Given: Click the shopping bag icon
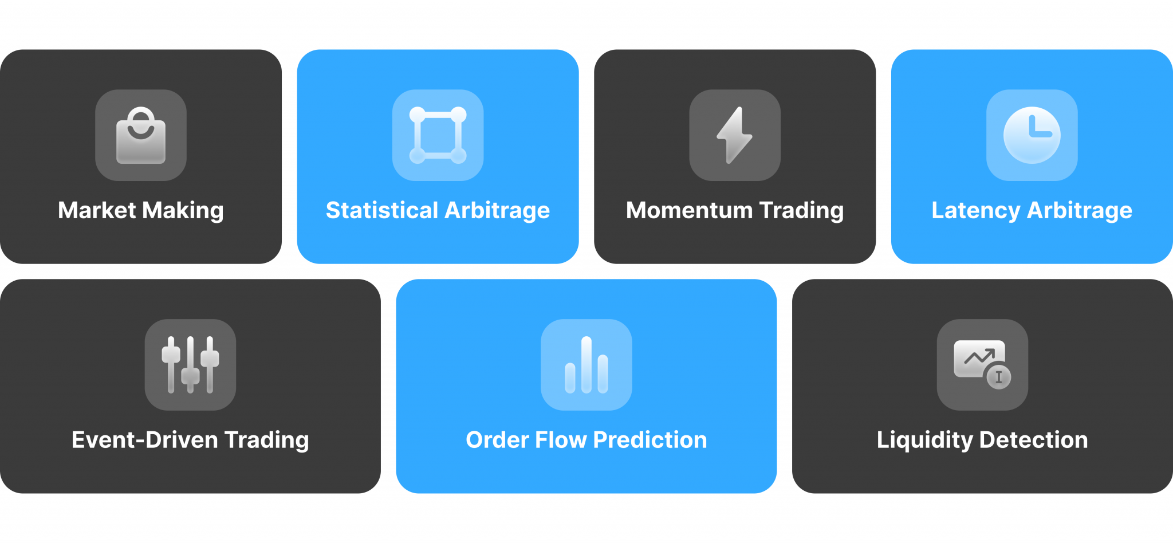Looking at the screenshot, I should pyautogui.click(x=141, y=136).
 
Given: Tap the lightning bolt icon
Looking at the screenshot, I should pyautogui.click(x=735, y=135).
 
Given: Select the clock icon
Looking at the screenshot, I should pyautogui.click(x=1032, y=135).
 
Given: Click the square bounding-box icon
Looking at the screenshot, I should pyautogui.click(x=438, y=135).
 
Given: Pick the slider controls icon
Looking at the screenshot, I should pyautogui.click(x=190, y=365).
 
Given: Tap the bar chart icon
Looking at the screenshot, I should pyautogui.click(x=586, y=365).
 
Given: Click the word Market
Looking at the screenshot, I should pyautogui.click(x=97, y=210).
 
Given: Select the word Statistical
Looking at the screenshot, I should pyautogui.click(x=382, y=210).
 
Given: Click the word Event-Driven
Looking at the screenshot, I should pyautogui.click(x=145, y=440).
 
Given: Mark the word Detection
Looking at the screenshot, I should pyautogui.click(x=1034, y=440).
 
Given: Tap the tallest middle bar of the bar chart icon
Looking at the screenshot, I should pyautogui.click(x=586, y=365).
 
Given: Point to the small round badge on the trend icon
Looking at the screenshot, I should pyautogui.click(x=999, y=377).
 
